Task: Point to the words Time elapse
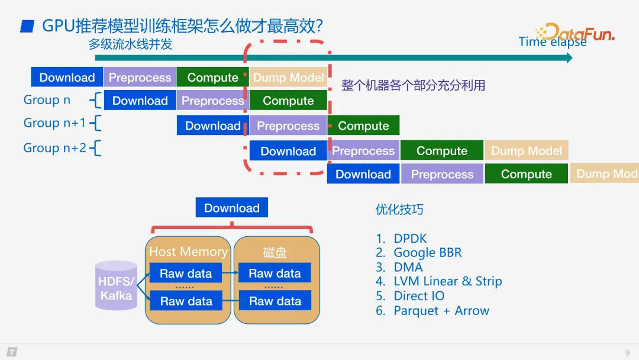point(552,42)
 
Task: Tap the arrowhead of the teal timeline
point(569,57)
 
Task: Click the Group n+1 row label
point(54,123)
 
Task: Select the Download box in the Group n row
point(140,101)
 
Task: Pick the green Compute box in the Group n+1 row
point(363,126)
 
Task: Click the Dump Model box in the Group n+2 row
point(527,151)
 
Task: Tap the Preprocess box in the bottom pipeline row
point(442,174)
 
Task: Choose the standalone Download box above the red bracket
point(232,208)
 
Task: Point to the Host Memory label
point(188,252)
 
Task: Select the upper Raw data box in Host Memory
point(186,274)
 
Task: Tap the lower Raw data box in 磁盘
point(275,301)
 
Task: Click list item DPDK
point(409,239)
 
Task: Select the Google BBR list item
point(427,253)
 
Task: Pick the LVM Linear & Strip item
point(447,281)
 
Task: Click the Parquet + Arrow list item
point(441,311)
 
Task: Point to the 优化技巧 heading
point(399,210)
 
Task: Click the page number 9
point(627,353)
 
